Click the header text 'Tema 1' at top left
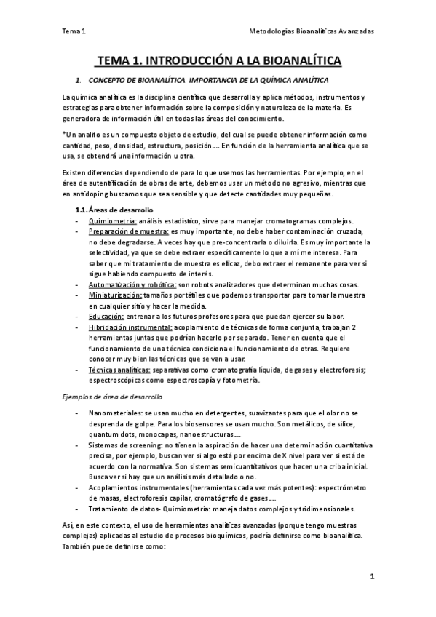(74, 32)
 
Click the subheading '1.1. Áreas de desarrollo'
(106, 210)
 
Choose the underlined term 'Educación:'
(107, 317)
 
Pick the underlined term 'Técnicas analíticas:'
(118, 370)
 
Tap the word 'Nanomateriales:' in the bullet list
(116, 413)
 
